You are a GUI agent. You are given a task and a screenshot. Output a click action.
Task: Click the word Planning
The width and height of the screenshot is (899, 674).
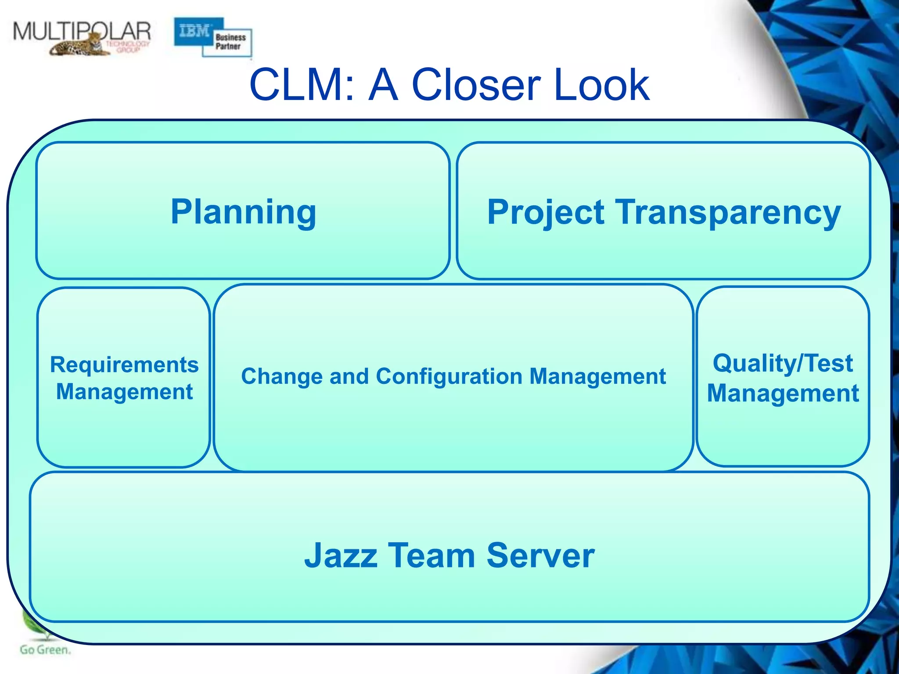243,212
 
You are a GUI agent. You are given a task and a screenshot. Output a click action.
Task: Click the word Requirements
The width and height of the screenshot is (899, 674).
124,365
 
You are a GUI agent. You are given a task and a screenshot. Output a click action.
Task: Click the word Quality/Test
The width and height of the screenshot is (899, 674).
783,363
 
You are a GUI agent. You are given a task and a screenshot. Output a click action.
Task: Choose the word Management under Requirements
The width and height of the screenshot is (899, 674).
124,391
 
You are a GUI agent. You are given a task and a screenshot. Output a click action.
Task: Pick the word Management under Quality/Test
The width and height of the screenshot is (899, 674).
783,393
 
